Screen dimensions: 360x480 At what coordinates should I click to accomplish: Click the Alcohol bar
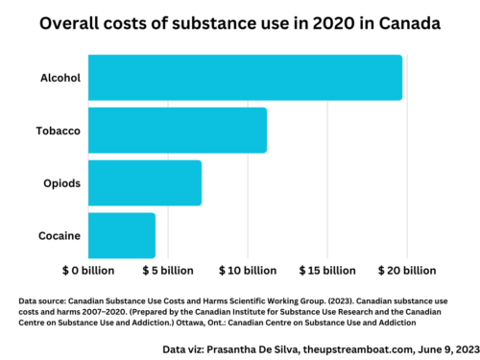245,78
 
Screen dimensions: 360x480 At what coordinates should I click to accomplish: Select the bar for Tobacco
178,131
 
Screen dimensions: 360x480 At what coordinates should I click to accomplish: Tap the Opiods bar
145,182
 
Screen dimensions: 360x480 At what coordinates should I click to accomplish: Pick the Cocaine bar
122,235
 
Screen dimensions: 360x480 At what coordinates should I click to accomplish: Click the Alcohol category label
59,78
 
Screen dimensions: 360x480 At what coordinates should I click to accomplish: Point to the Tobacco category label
57,131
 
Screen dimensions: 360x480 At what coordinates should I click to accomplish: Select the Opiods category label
60,182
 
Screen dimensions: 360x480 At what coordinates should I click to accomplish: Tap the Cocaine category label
58,235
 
